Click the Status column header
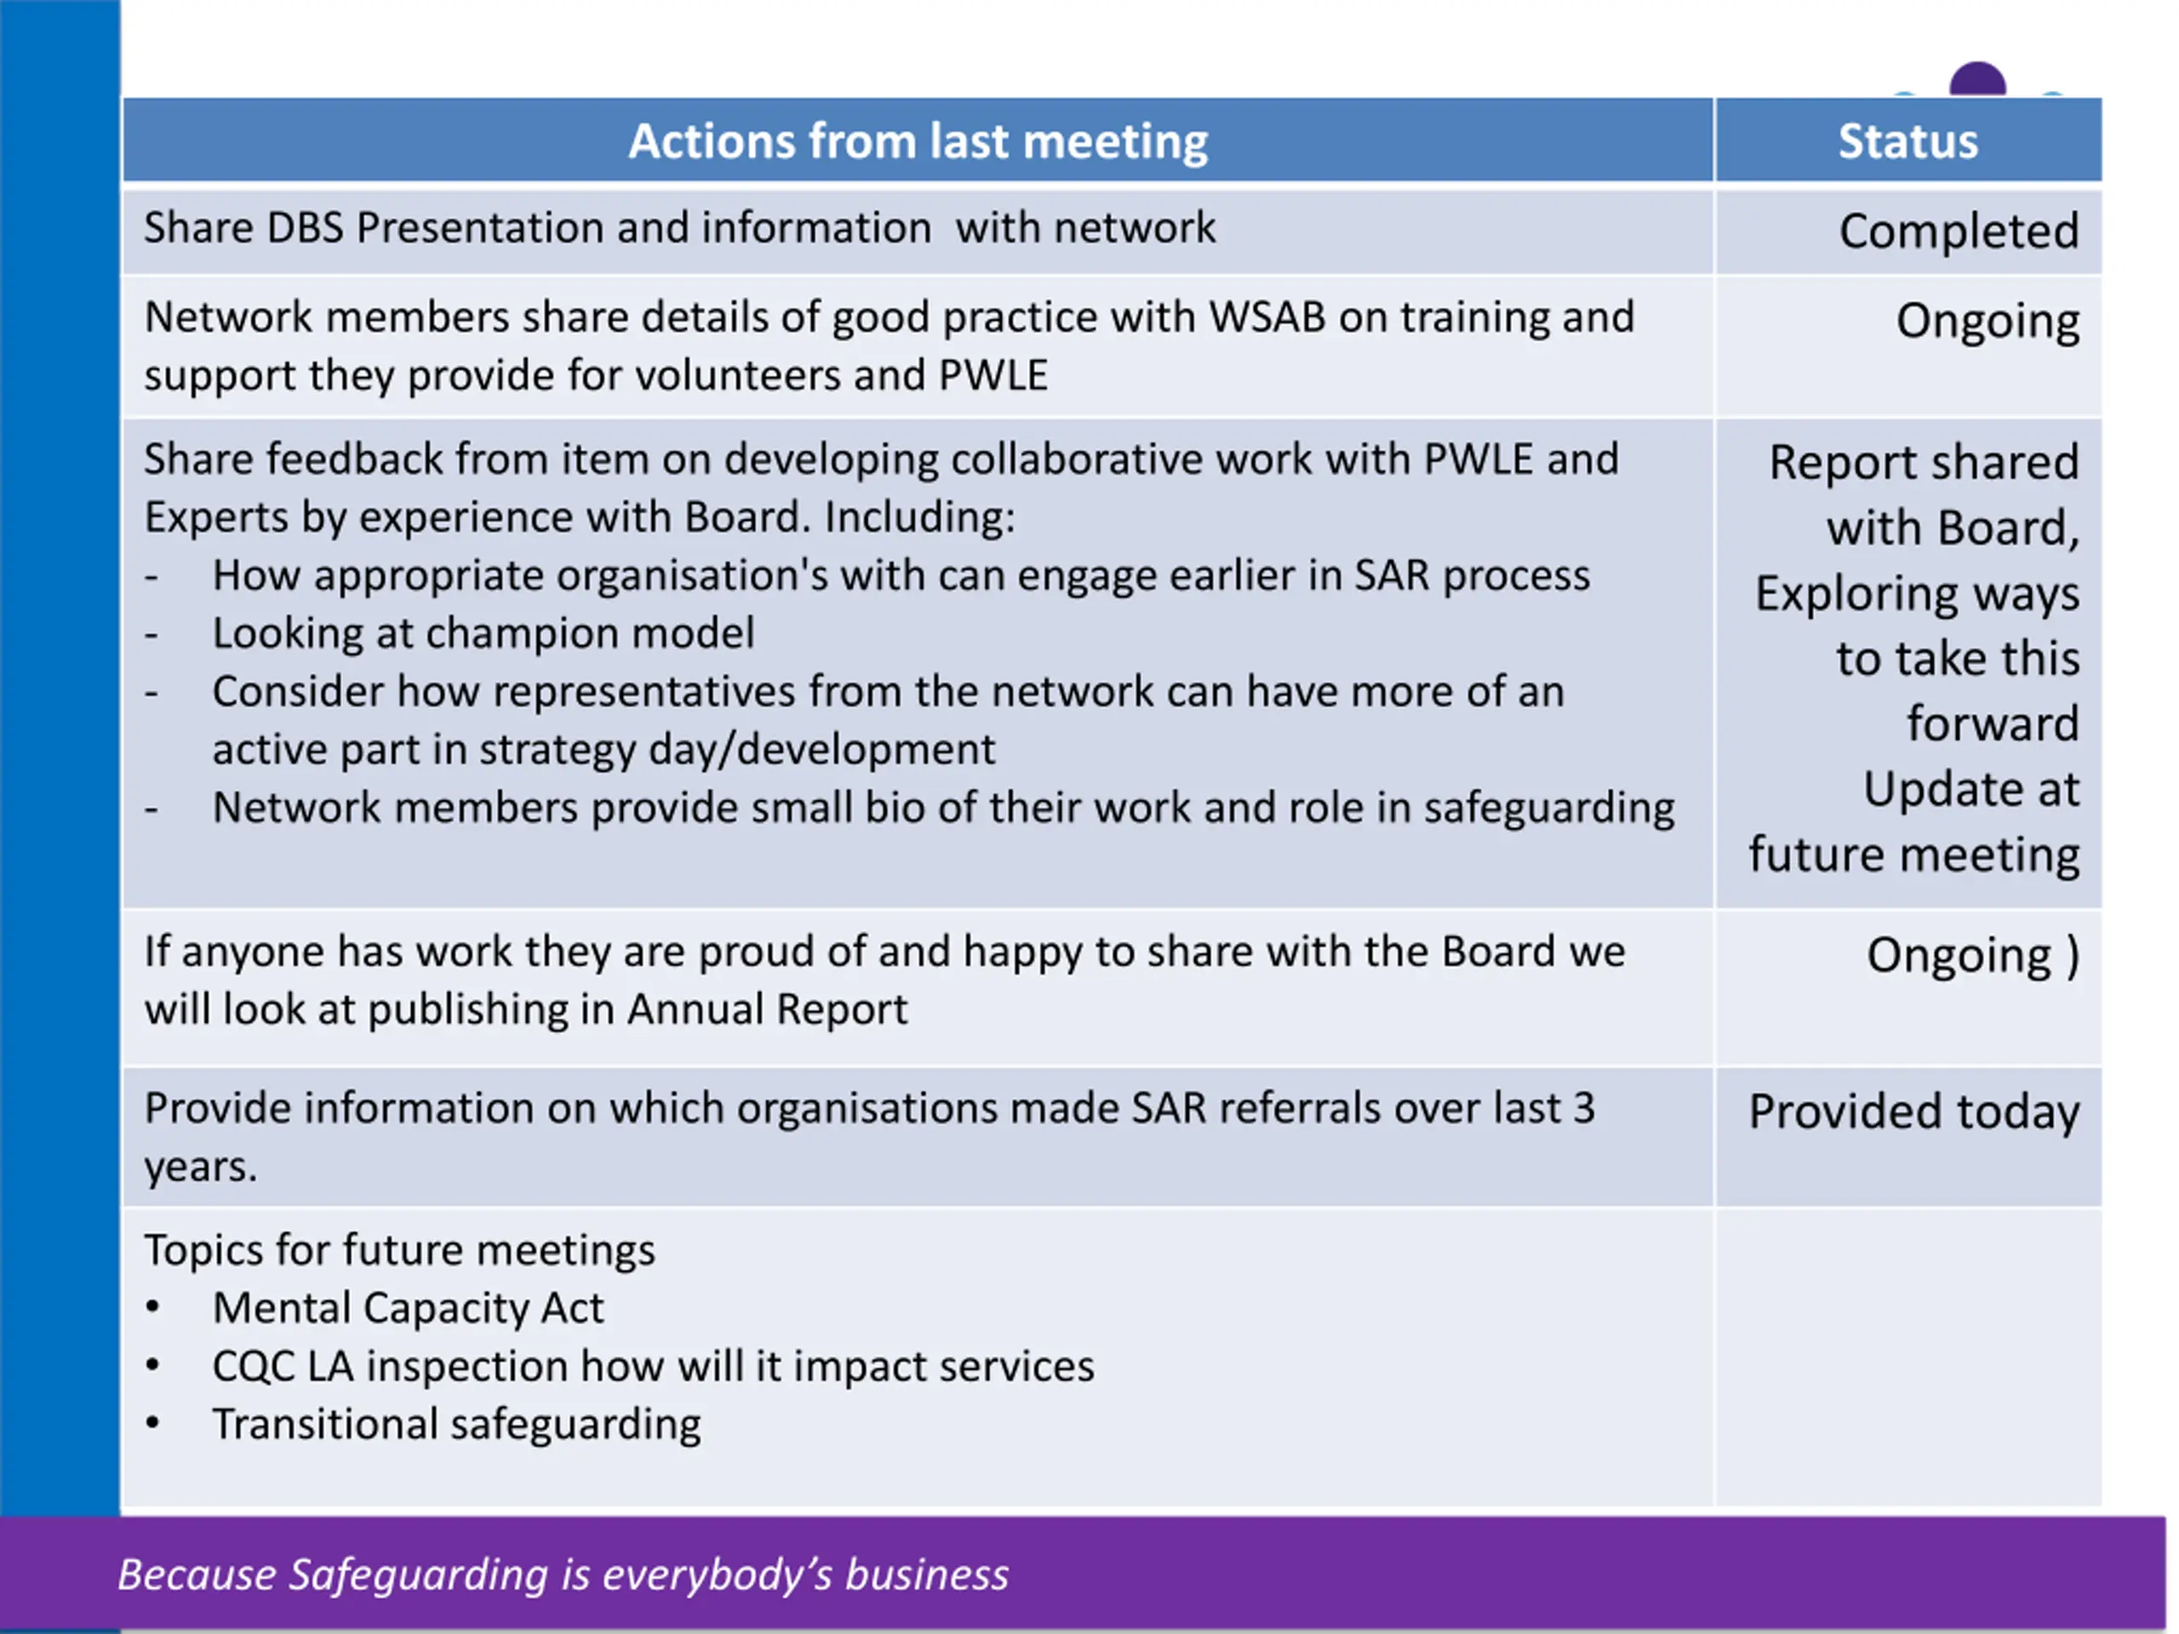click(x=1907, y=140)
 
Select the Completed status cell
click(x=1959, y=231)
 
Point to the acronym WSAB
click(x=1266, y=317)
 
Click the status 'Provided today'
click(x=1913, y=1112)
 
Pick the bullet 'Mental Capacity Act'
click(x=408, y=1308)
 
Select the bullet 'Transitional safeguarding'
click(x=456, y=1424)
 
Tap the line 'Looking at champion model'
click(x=483, y=633)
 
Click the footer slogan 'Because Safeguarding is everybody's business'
click(x=563, y=1574)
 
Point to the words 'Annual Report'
click(x=766, y=1009)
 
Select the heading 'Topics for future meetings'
click(x=399, y=1250)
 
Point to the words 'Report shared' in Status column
click(x=1923, y=462)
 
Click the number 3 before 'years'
click(x=1583, y=1109)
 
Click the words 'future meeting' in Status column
click(x=1913, y=854)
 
